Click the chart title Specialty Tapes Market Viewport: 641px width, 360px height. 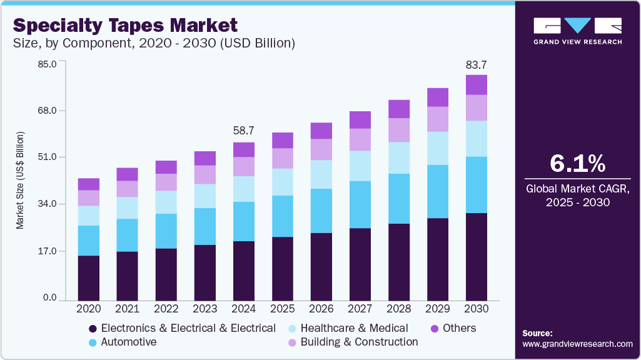point(125,25)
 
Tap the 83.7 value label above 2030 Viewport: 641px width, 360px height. point(477,64)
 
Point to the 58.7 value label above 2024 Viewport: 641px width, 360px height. point(244,131)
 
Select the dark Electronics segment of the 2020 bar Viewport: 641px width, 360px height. point(89,278)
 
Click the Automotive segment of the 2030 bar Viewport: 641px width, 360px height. point(477,185)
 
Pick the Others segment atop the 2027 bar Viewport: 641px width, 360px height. point(360,120)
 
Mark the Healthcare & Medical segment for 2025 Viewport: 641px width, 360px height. point(283,182)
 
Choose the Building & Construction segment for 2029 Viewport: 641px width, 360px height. point(438,119)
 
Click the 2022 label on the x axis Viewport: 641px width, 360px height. point(166,309)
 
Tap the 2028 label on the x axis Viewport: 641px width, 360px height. point(399,309)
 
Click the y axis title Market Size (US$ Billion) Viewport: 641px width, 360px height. point(20,181)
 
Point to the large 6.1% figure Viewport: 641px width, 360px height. point(577,164)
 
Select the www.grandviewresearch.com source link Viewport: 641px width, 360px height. point(577,344)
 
